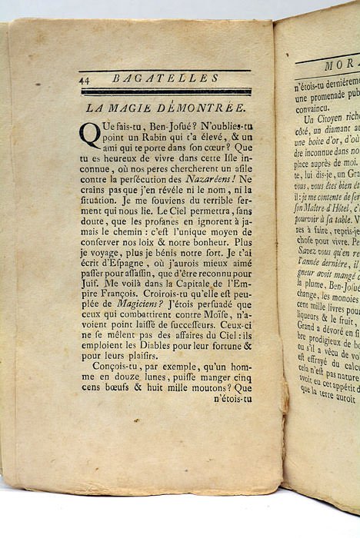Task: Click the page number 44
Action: tap(85, 78)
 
